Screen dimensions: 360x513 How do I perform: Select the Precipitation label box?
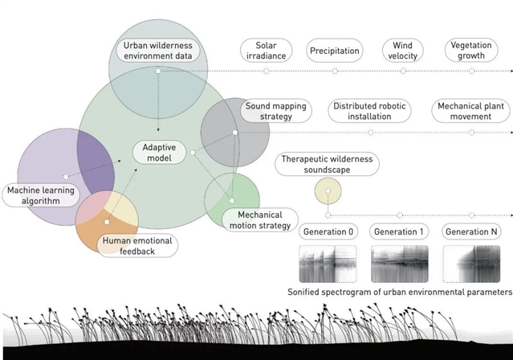coord(335,51)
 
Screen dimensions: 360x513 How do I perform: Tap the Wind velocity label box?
coord(402,51)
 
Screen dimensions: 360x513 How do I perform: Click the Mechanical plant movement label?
coord(470,111)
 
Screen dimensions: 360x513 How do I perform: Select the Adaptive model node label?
coord(159,152)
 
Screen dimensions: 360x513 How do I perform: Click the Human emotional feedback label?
coord(135,246)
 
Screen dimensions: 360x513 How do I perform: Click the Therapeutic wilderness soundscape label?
coord(327,165)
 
